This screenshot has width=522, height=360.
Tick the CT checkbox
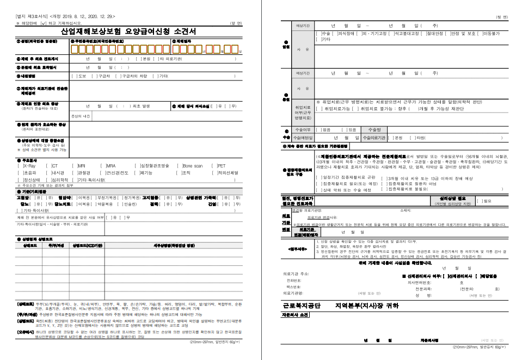pyautogui.click(x=48, y=165)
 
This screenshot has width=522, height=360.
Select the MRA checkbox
pyautogui.click(x=103, y=165)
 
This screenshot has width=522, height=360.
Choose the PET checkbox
pyautogui.click(x=214, y=165)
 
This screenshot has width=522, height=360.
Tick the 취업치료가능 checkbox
pyautogui.click(x=318, y=109)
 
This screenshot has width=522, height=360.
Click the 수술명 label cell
pyautogui.click(x=374, y=129)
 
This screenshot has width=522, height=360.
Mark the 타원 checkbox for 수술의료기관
pyautogui.click(x=412, y=138)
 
